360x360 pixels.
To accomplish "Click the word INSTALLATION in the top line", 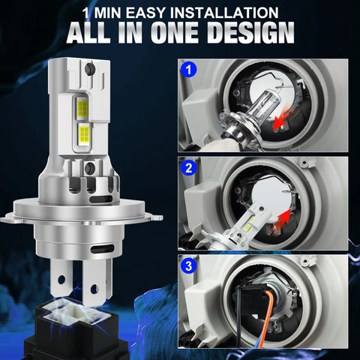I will point(236,12).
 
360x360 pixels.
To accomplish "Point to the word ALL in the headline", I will point(95,34).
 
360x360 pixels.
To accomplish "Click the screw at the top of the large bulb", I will point(89,70).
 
